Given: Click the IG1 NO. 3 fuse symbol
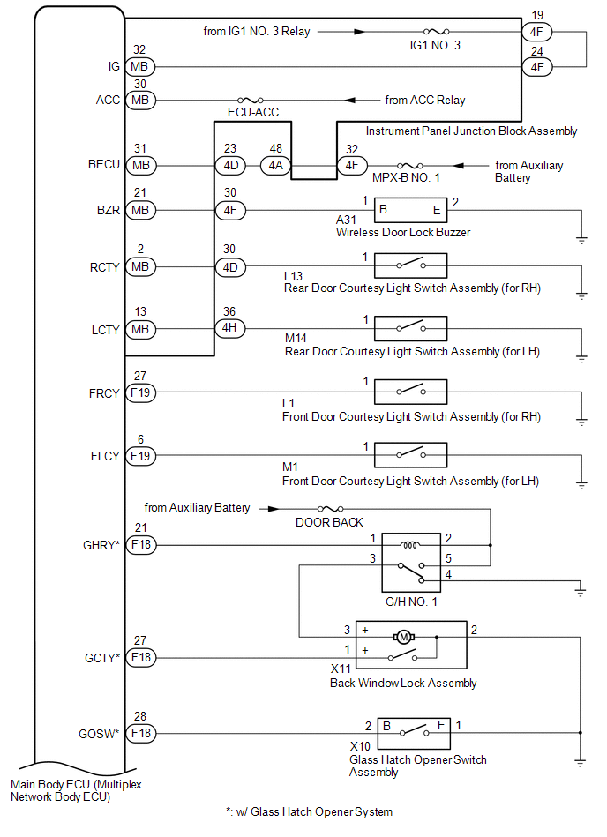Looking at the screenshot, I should click(435, 30).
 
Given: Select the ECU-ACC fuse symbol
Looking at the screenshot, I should click(248, 100).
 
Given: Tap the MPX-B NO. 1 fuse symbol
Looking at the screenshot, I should click(408, 165).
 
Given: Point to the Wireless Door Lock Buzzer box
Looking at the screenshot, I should click(410, 210).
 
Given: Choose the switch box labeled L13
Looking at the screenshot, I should click(410, 266).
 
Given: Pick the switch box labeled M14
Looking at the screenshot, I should click(410, 328).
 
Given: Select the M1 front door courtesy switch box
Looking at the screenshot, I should click(410, 455).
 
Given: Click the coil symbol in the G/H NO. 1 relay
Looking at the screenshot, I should click(409, 545).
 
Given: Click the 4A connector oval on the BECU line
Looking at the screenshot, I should click(274, 165).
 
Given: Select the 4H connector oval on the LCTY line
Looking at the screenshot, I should click(231, 328).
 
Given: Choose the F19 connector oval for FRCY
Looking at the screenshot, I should click(140, 392).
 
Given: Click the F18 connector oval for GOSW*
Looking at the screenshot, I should click(140, 732).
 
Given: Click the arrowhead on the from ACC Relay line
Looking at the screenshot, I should click(350, 100).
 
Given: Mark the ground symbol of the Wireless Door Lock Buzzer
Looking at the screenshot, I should click(581, 238).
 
